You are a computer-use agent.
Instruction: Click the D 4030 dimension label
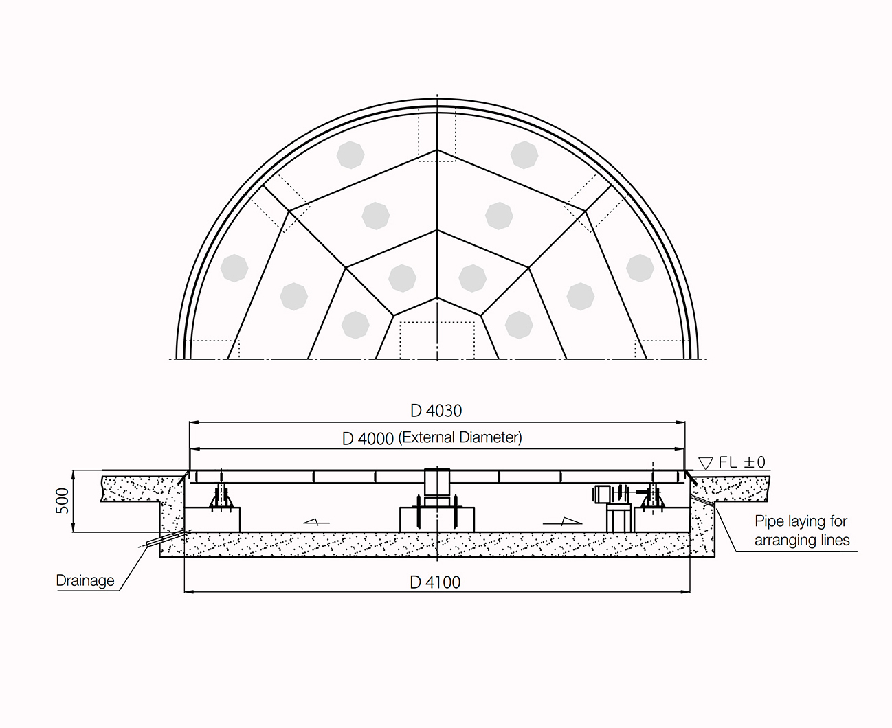pos(436,411)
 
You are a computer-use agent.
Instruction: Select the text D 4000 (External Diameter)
pos(432,438)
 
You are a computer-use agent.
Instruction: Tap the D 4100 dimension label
pos(435,582)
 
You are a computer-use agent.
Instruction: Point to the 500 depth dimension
pos(63,501)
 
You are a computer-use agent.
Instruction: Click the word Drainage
pos(85,580)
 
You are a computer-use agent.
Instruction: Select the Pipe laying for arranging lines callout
pos(802,531)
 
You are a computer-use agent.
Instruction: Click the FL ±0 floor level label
pos(742,462)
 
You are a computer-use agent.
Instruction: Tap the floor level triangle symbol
pos(706,464)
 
